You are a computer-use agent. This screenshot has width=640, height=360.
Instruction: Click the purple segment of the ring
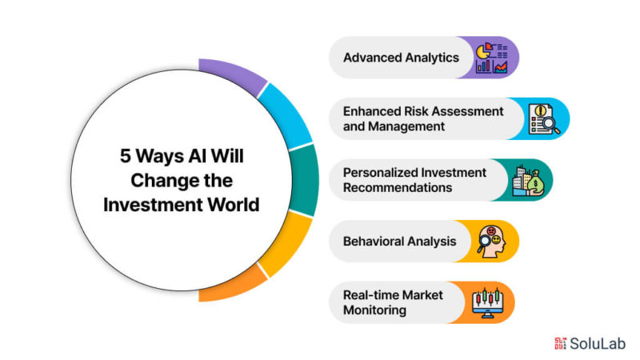pyautogui.click(x=233, y=74)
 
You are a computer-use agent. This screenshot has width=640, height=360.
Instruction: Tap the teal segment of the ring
pyautogui.click(x=305, y=180)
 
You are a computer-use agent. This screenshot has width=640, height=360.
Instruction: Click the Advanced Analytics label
pyautogui.click(x=401, y=58)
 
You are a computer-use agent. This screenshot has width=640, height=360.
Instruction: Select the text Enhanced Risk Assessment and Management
pyautogui.click(x=423, y=118)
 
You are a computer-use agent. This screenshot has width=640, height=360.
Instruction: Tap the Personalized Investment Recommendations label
pyautogui.click(x=414, y=180)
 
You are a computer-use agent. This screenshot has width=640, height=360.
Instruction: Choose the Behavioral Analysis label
pyautogui.click(x=399, y=242)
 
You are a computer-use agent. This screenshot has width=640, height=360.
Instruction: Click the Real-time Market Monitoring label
pyautogui.click(x=393, y=302)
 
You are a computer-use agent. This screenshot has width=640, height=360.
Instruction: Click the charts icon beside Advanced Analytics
pyautogui.click(x=491, y=58)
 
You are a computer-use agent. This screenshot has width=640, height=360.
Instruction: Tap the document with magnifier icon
pyautogui.click(x=544, y=118)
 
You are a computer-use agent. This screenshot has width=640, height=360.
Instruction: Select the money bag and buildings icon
pyautogui.click(x=529, y=180)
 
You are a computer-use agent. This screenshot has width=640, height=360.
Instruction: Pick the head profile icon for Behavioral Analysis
pyautogui.click(x=492, y=242)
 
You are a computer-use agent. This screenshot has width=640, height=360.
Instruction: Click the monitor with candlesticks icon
pyautogui.click(x=487, y=303)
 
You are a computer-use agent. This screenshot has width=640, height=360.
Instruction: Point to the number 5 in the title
pyautogui.click(x=125, y=156)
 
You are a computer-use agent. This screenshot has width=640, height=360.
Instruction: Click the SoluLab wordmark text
pyautogui.click(x=598, y=344)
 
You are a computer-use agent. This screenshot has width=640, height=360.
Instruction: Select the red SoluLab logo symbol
pyautogui.click(x=561, y=344)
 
